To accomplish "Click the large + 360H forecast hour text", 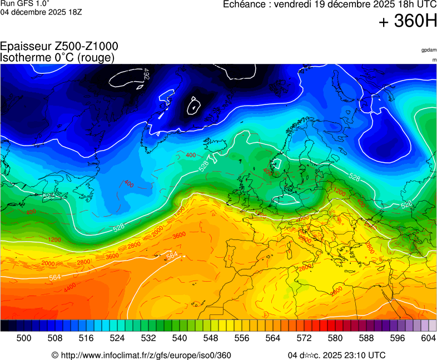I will click(x=408, y=22).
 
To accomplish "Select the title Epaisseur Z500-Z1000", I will click(x=59, y=47).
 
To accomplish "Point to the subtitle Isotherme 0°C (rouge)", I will click(x=58, y=57).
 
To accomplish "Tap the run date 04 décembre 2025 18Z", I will click(x=41, y=12).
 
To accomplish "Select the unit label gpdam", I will click(x=429, y=50).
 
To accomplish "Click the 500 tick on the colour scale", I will click(x=24, y=338).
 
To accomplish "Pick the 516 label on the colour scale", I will click(x=86, y=338).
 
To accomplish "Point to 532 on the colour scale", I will click(x=148, y=338).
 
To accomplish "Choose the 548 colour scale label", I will click(x=211, y=338).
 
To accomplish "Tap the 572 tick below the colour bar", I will click(x=304, y=338).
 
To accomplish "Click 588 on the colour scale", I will click(x=366, y=338).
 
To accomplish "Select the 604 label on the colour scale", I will click(x=428, y=338).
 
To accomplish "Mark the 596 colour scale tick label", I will click(x=398, y=338).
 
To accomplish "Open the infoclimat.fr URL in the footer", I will click(x=146, y=356).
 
